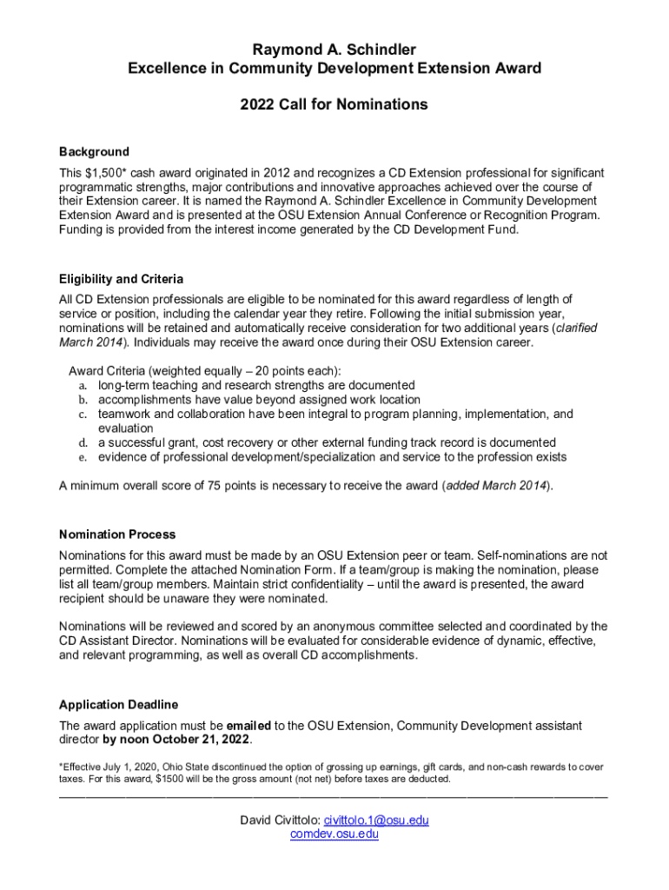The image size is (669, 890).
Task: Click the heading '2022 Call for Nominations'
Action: point(334,104)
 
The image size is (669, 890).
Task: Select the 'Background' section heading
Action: point(94,151)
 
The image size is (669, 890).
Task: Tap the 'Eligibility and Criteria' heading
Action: point(121,279)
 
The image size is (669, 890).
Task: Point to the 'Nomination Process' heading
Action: point(116,534)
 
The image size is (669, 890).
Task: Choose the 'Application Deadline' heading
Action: point(118,704)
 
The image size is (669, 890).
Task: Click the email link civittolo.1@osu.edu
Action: point(376,820)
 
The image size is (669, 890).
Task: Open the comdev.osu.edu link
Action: point(334,834)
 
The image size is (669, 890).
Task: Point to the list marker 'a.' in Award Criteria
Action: point(83,385)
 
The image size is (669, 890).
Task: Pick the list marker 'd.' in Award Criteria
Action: point(83,442)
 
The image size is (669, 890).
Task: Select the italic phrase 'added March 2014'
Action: point(496,486)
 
